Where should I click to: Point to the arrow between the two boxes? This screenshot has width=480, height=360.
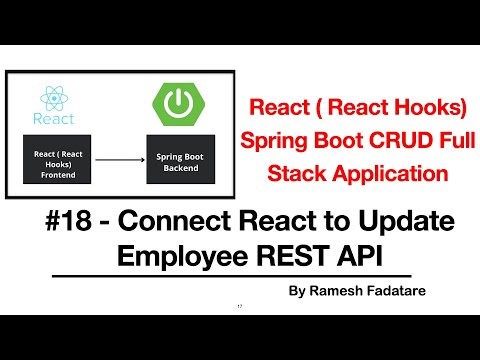pos(120,157)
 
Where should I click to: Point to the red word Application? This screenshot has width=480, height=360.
pos(387,173)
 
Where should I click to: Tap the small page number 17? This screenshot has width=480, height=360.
pos(240,305)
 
